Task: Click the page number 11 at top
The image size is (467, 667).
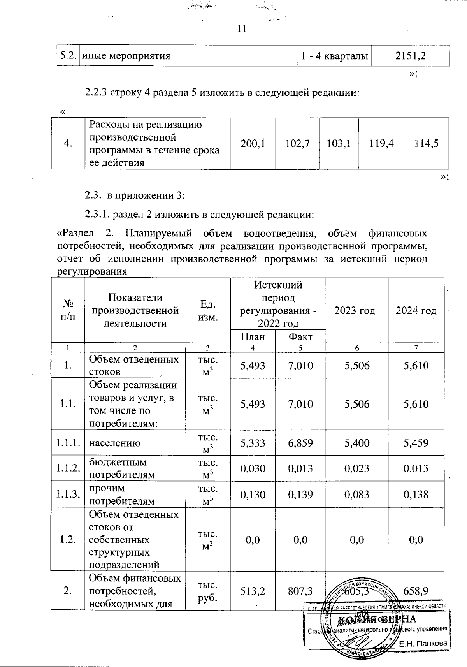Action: tap(242, 29)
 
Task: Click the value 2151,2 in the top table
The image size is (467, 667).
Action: tap(411, 56)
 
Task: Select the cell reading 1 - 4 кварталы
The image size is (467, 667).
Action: tap(335, 56)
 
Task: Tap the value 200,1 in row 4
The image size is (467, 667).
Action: tap(253, 143)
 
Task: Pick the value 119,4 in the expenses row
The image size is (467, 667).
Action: tap(381, 143)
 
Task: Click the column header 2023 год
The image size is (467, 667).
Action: tap(357, 311)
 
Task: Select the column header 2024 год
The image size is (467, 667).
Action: tap(416, 311)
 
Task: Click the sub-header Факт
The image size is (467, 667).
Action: tap(300, 336)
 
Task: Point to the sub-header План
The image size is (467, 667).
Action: tap(253, 336)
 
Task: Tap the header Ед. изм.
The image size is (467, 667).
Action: tap(208, 310)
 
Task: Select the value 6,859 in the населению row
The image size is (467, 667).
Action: tap(300, 443)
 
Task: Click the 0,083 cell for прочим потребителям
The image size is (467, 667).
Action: tap(357, 495)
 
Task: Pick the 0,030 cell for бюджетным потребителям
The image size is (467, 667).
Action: tap(253, 468)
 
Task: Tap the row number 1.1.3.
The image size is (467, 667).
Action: tap(68, 495)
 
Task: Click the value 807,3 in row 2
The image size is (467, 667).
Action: tap(300, 591)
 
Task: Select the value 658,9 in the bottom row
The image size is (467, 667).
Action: tap(416, 591)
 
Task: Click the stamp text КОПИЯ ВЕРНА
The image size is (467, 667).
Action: tap(376, 619)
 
